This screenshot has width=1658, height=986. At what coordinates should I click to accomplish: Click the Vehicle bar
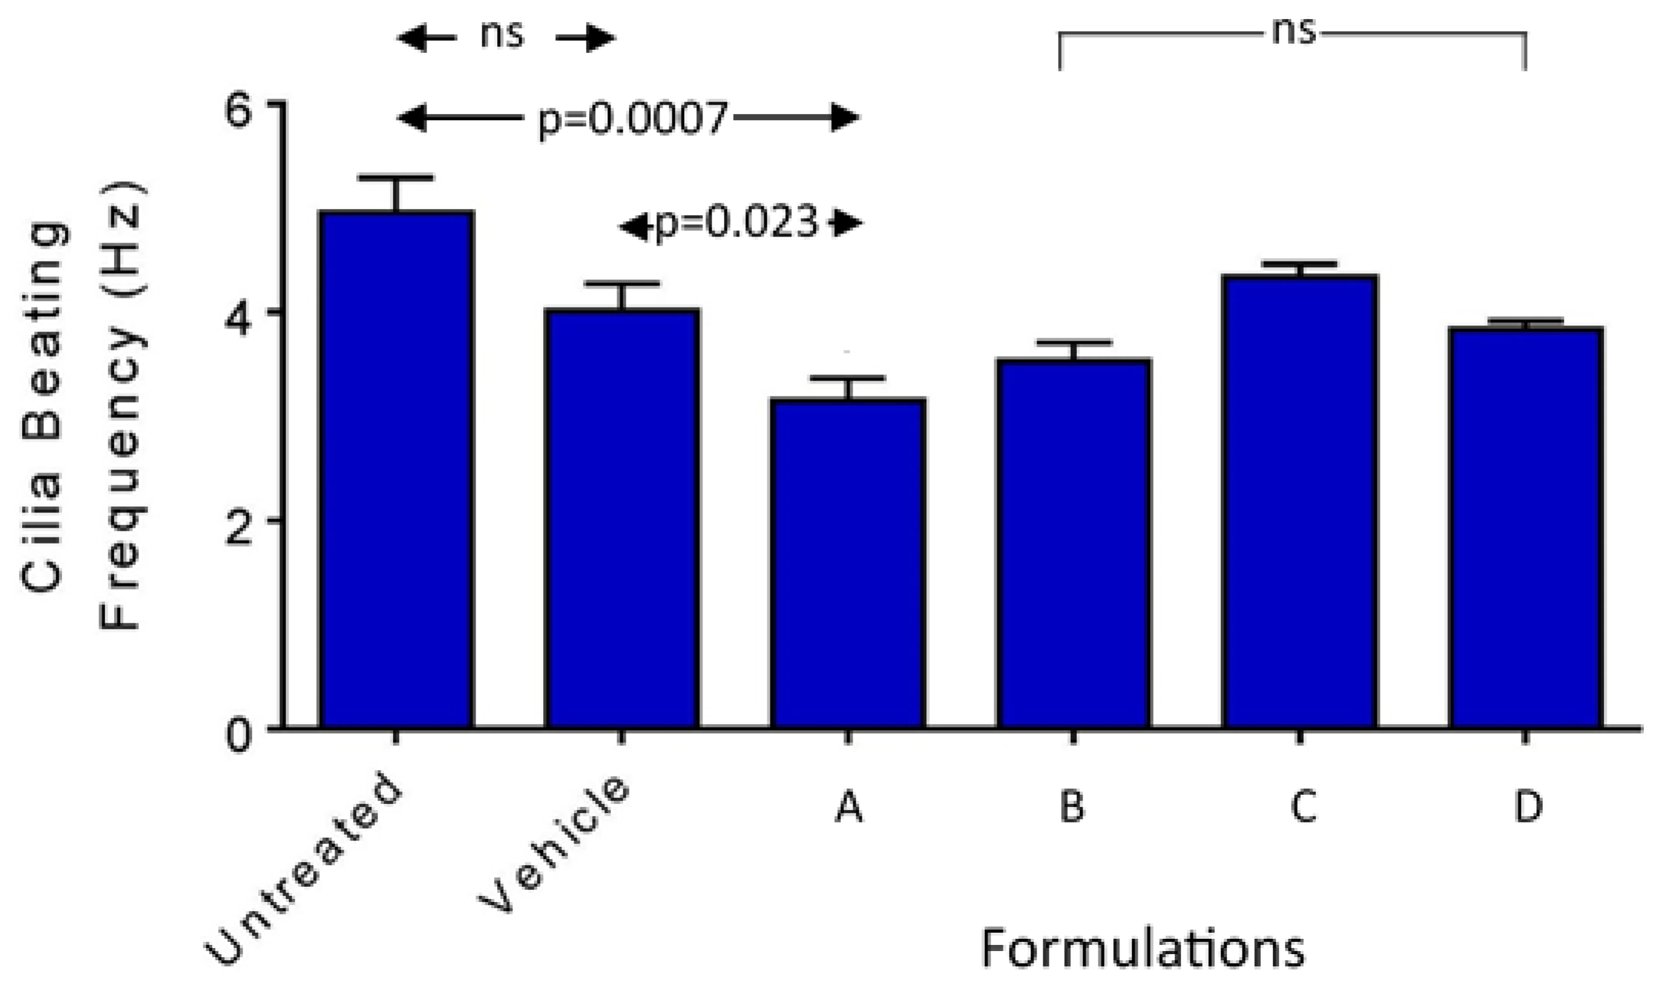[x=622, y=518]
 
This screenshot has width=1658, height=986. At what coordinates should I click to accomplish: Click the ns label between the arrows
[x=503, y=34]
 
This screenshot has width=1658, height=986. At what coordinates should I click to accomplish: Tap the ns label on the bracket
[x=1293, y=31]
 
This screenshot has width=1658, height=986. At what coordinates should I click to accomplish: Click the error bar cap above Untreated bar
[x=396, y=178]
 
